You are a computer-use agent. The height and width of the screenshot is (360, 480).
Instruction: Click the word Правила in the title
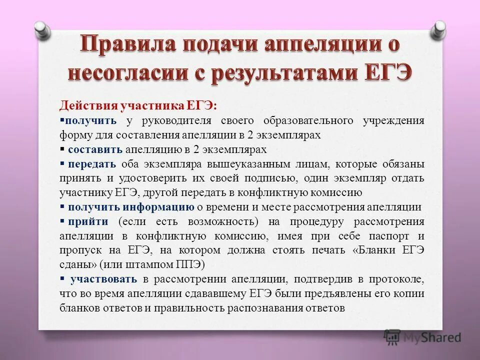coord(125,45)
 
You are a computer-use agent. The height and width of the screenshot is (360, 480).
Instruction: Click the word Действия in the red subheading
coord(88,106)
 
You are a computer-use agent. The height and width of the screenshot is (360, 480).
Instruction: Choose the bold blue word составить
coord(95,149)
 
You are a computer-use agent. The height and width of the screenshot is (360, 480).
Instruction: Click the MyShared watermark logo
coord(422,337)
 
